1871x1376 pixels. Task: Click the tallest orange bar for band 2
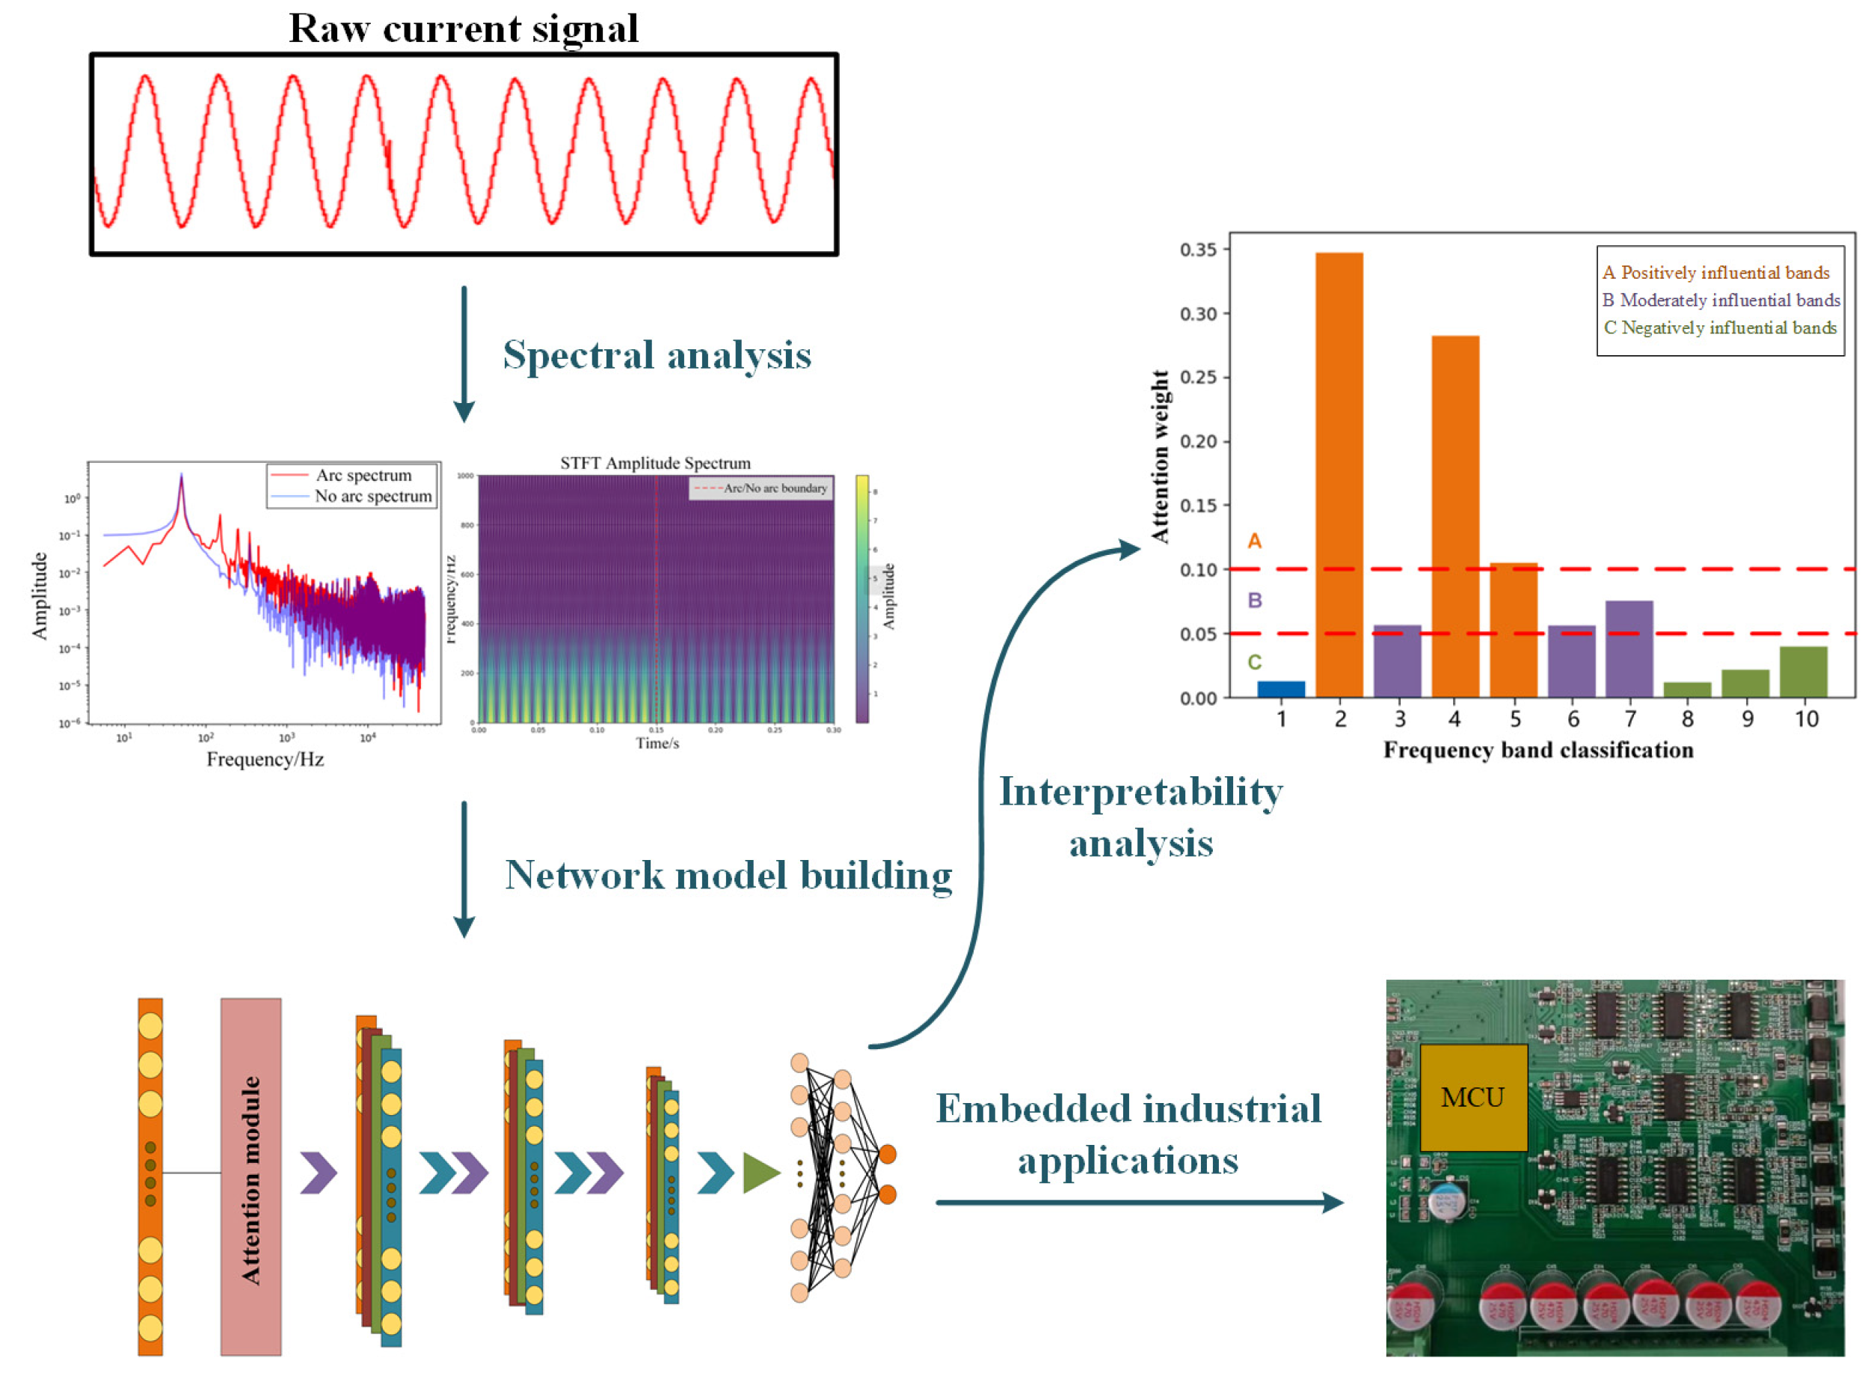click(1339, 475)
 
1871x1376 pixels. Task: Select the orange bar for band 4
click(1454, 517)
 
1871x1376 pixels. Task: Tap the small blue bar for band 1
click(1281, 689)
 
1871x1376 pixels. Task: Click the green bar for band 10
click(1803, 672)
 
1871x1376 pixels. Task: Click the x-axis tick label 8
click(1687, 719)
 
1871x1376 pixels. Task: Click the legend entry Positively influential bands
click(1715, 273)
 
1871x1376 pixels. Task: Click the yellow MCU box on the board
click(1472, 1097)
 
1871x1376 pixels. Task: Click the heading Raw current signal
click(463, 28)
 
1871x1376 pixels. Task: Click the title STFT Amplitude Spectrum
click(654, 463)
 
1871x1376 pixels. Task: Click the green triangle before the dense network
click(758, 1173)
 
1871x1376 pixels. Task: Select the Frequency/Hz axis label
click(265, 760)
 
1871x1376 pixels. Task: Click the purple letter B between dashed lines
click(1254, 601)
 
